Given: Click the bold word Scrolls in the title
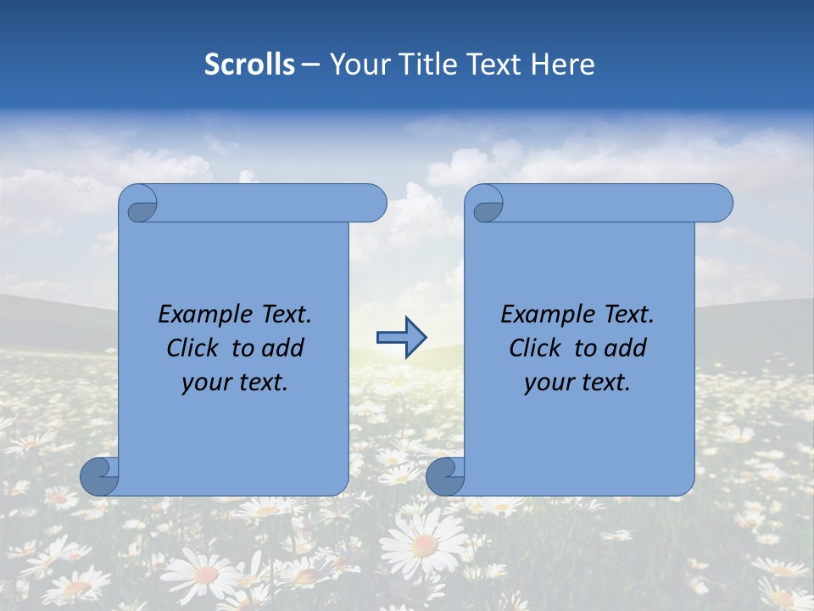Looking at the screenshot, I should tap(249, 64).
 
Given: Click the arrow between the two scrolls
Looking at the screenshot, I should tap(400, 338).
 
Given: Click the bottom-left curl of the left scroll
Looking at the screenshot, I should tap(100, 476).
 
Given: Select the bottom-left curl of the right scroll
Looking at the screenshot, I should tap(445, 476).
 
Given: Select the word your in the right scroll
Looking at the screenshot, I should tap(548, 383).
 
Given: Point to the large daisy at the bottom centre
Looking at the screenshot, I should tap(424, 543).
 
